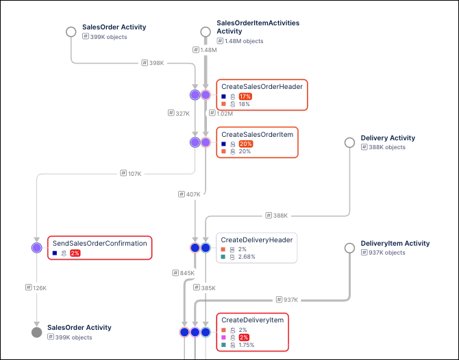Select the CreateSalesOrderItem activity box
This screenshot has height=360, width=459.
click(x=258, y=142)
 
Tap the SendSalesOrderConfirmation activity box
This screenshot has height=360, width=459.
click(x=99, y=248)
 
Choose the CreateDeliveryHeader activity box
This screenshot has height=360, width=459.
click(x=257, y=248)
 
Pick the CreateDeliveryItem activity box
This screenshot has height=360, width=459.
click(x=253, y=332)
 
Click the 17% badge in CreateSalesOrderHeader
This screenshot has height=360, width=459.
click(x=245, y=97)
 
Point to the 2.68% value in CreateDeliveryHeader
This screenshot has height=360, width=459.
click(x=247, y=257)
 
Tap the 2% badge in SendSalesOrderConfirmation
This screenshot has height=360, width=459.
click(x=75, y=253)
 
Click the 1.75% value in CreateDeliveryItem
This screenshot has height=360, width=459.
click(x=247, y=345)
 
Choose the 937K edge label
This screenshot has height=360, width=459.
click(x=288, y=299)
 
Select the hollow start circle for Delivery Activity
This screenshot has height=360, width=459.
click(x=349, y=142)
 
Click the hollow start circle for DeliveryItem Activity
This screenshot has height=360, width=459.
click(x=349, y=248)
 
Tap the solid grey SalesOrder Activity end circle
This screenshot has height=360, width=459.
click(x=36, y=332)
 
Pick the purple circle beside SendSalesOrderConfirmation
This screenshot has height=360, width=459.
click(x=36, y=248)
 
